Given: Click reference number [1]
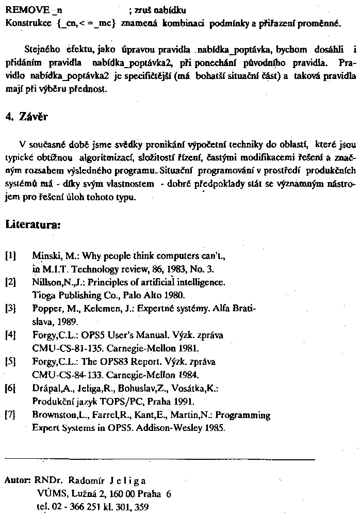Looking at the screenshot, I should pos(11,255).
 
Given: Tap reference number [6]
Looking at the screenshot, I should pos(11,388).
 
